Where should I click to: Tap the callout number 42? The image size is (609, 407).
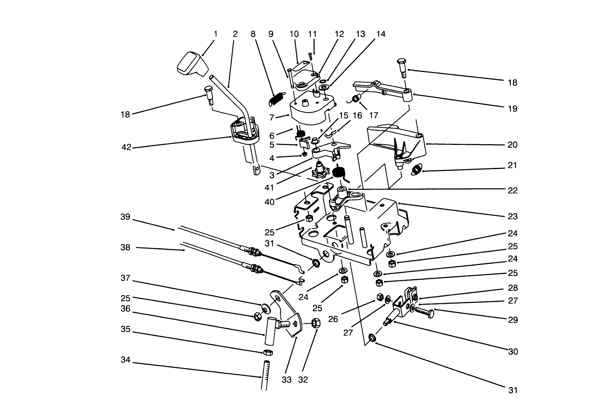pyautogui.click(x=126, y=147)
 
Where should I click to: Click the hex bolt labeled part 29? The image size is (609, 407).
pyautogui.click(x=424, y=313)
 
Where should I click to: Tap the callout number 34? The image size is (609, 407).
pyautogui.click(x=125, y=360)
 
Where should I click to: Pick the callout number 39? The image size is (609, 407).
pyautogui.click(x=125, y=217)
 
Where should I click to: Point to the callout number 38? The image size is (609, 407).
pyautogui.click(x=125, y=248)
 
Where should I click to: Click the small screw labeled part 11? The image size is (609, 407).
pyautogui.click(x=310, y=56)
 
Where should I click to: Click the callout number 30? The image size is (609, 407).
pyautogui.click(x=513, y=352)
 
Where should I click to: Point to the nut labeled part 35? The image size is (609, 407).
pyautogui.click(x=268, y=352)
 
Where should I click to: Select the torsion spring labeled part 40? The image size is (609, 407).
pyautogui.click(x=339, y=173)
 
